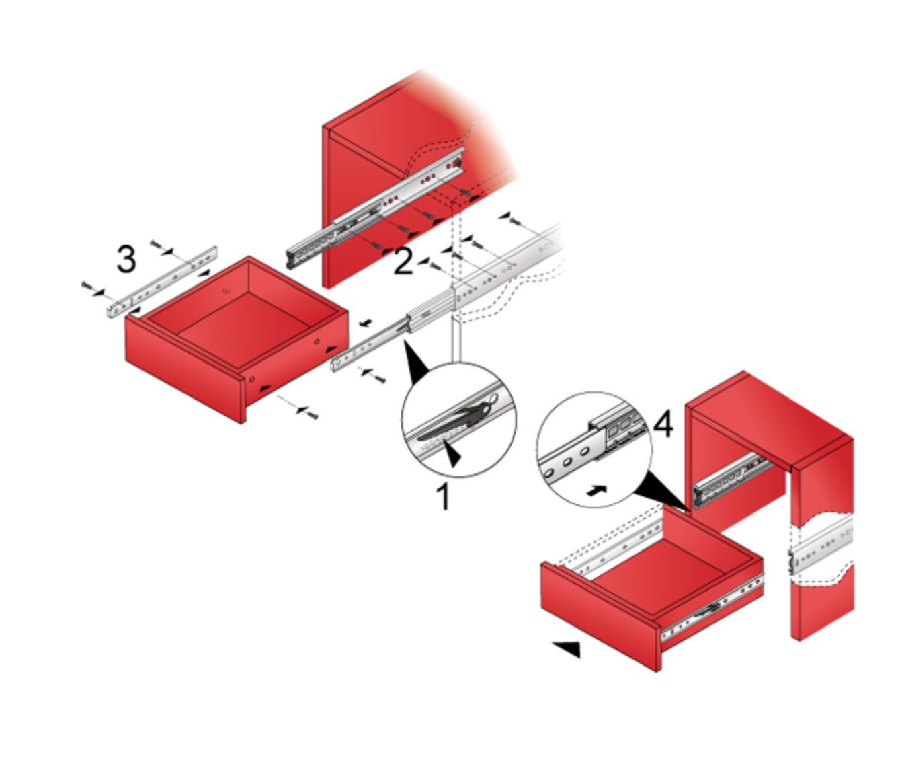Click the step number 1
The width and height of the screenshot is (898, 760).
click(x=443, y=496)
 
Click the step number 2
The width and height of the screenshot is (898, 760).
click(x=403, y=262)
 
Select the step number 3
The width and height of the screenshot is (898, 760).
click(x=126, y=259)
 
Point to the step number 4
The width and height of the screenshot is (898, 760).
click(x=663, y=425)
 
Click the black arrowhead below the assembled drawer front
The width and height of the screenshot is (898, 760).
click(x=567, y=648)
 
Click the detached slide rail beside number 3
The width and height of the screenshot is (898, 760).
click(x=162, y=282)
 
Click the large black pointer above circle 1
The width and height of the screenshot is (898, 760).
click(x=416, y=362)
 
